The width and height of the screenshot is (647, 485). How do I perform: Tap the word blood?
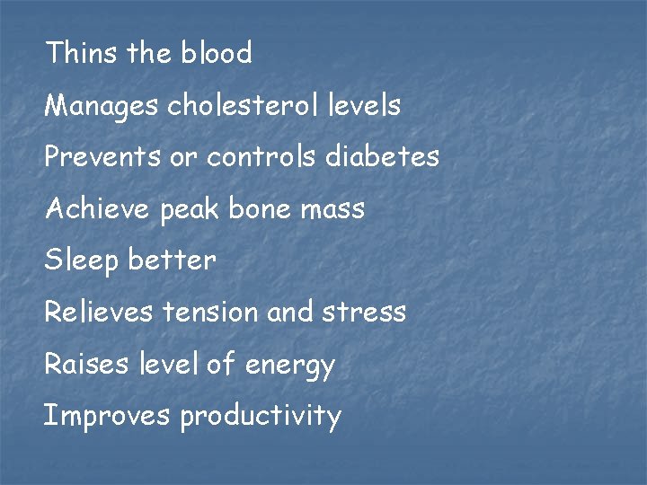click(x=217, y=53)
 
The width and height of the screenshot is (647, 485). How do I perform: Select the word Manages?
click(x=102, y=107)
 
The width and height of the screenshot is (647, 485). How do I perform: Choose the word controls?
click(x=261, y=157)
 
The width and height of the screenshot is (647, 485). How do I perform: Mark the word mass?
click(x=333, y=210)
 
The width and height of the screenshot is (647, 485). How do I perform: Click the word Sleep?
click(x=82, y=261)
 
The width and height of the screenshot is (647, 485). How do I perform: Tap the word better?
click(x=173, y=261)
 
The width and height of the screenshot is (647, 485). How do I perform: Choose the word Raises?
click(x=87, y=365)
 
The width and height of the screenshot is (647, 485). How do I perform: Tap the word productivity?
click(x=261, y=417)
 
